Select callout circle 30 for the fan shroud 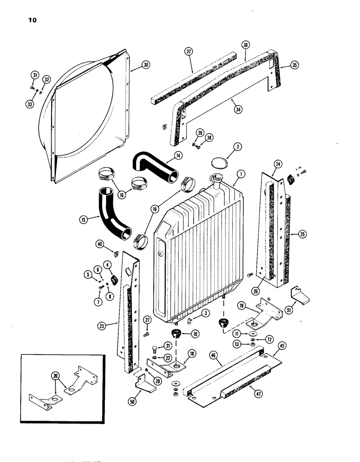(x=133, y=66)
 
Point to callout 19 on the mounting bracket (x=241, y=306)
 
